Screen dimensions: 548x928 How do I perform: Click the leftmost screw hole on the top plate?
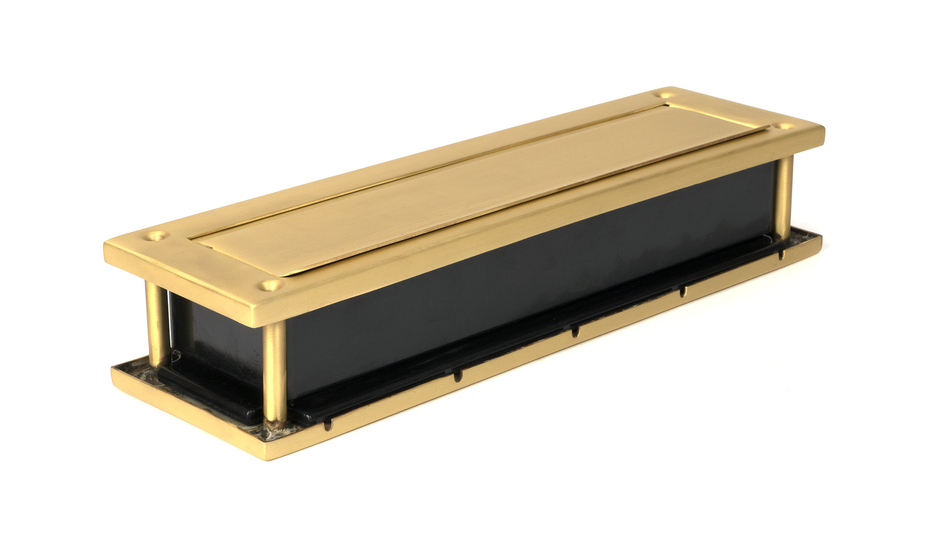click(156, 235)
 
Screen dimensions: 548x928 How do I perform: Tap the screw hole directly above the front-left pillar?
click(271, 284)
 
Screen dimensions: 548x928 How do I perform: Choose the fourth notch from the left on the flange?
click(683, 292)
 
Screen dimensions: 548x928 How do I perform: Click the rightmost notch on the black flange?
click(780, 254)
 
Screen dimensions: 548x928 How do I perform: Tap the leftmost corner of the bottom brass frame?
click(113, 369)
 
